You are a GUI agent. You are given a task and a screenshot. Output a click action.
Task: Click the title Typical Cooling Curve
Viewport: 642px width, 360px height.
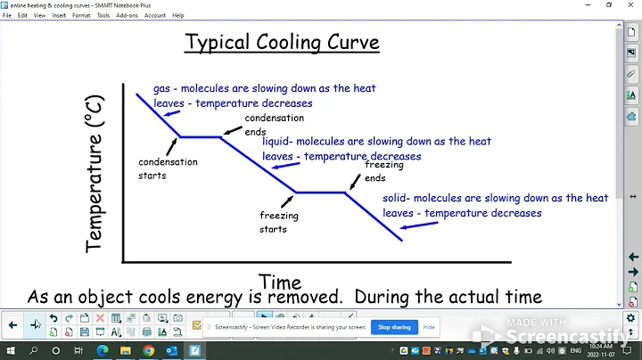pyautogui.click(x=282, y=42)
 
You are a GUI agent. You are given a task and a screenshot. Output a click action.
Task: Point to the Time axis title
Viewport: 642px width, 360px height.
pyautogui.click(x=279, y=282)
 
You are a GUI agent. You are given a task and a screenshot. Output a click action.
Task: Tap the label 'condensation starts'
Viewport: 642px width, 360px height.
pyautogui.click(x=168, y=168)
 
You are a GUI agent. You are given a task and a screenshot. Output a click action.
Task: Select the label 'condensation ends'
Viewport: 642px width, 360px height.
pyautogui.click(x=275, y=124)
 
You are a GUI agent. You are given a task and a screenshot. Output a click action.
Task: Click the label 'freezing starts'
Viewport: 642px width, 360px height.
pyautogui.click(x=278, y=222)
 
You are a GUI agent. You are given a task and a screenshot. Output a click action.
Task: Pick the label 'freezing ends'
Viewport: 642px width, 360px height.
pyautogui.click(x=383, y=171)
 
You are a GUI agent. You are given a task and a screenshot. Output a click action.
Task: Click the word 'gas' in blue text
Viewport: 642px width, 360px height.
pyautogui.click(x=161, y=89)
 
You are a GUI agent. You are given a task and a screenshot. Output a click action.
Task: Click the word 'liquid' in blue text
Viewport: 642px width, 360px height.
pyautogui.click(x=276, y=141)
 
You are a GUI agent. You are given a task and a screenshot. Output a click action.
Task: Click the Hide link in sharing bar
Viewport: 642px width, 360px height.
pyautogui.click(x=429, y=327)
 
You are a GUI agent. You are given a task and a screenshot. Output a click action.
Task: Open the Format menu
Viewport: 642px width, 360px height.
pyautogui.click(x=81, y=15)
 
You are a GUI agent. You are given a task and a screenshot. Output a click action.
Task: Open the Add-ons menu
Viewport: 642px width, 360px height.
pyautogui.click(x=127, y=15)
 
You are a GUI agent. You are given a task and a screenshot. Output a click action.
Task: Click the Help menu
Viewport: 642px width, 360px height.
pyautogui.click(x=177, y=15)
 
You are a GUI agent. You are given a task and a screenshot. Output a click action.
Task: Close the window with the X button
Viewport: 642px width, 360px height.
pyautogui.click(x=629, y=4)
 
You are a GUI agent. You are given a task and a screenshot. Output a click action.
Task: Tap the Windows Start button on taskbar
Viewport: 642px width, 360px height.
pyautogui.click(x=11, y=351)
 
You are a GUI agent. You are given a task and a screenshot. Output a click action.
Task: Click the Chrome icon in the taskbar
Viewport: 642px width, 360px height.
pyautogui.click(x=148, y=351)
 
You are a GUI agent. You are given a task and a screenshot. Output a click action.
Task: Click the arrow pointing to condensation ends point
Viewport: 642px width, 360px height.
pyautogui.click(x=232, y=131)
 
